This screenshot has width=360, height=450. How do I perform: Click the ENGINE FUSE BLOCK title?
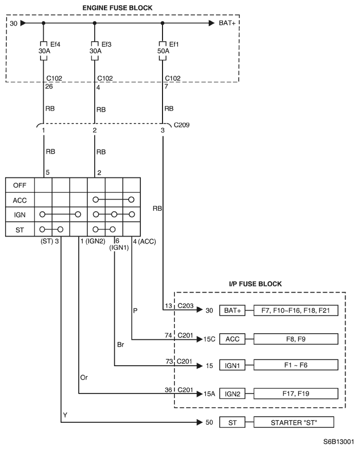point(117,8)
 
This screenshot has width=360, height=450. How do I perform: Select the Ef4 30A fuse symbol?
point(43,51)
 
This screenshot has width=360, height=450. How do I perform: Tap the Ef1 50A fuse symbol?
point(163,51)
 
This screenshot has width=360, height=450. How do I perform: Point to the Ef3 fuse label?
point(106,44)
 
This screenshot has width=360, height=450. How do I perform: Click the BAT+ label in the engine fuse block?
point(227,23)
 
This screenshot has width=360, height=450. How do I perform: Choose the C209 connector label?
point(182,125)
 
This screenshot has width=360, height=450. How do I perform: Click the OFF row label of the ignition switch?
point(20,185)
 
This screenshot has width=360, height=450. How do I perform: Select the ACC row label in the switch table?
point(20,200)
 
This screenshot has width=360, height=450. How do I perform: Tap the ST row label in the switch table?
point(20,229)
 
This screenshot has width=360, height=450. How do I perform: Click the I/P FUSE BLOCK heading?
point(255,284)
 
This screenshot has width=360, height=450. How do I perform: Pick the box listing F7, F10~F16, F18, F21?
point(296,310)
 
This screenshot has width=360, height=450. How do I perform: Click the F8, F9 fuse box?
point(296,339)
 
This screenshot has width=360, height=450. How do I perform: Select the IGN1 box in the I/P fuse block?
point(232,365)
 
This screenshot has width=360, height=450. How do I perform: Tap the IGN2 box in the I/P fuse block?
point(232,394)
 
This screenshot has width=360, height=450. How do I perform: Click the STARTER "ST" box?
point(294,422)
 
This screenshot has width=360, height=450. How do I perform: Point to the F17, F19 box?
point(296,393)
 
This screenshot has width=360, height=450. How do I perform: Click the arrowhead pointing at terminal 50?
point(200,422)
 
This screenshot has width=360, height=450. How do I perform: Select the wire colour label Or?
point(84,377)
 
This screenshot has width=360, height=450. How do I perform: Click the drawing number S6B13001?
point(338,442)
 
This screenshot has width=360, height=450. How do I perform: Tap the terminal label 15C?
point(209,339)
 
